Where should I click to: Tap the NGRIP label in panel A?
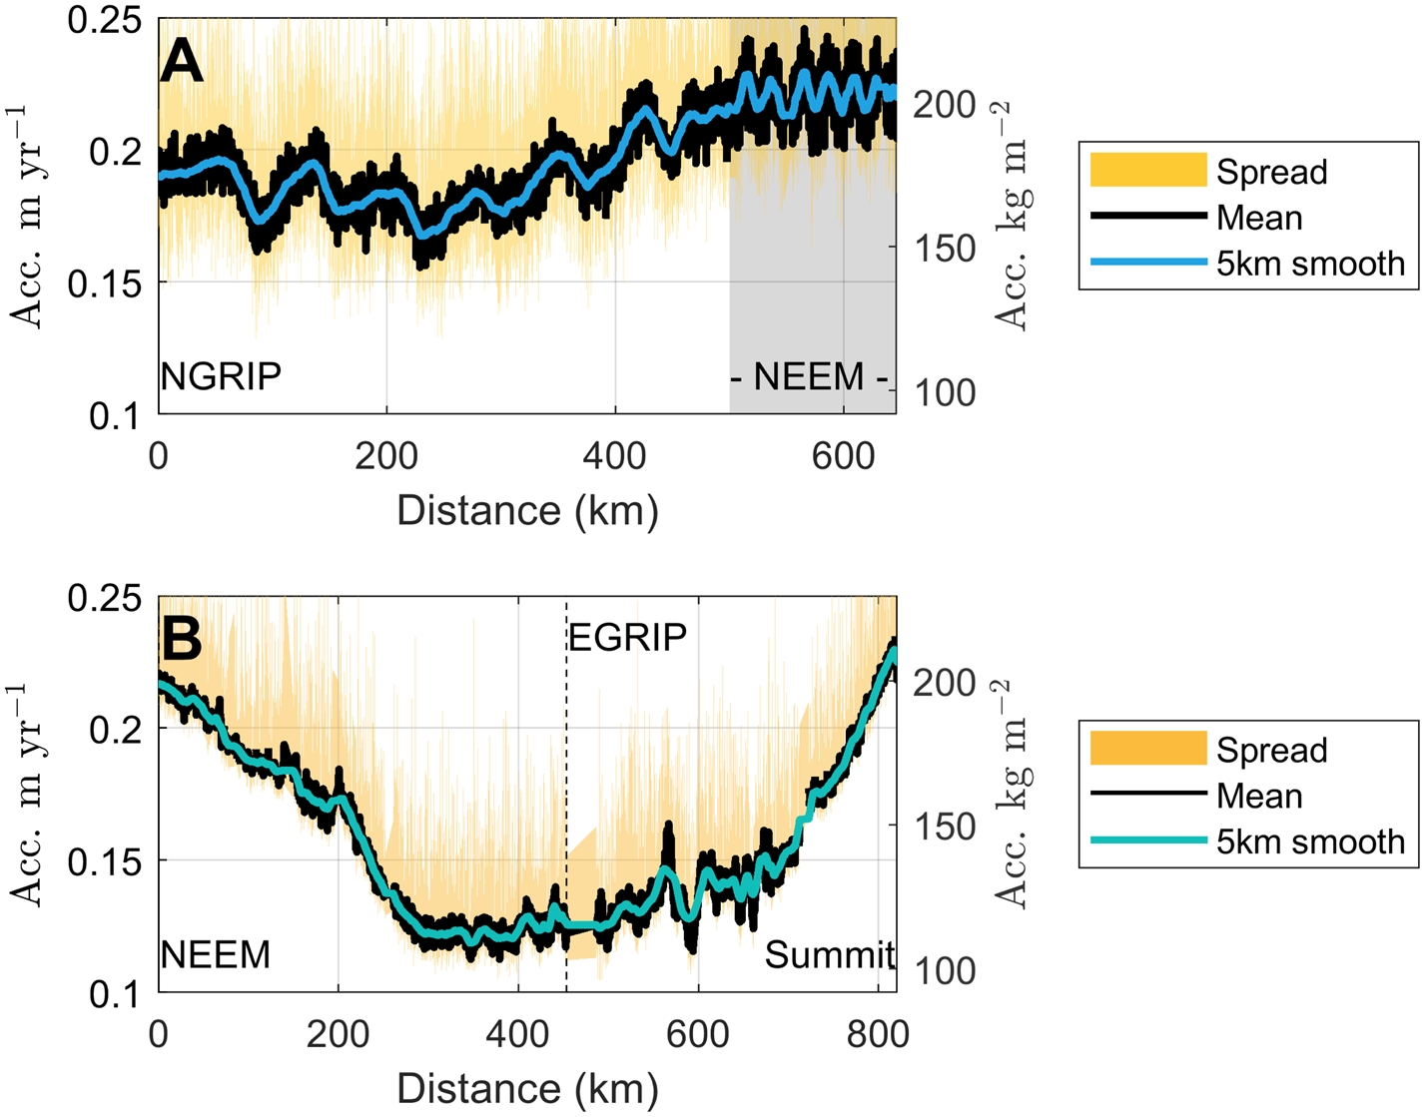(221, 377)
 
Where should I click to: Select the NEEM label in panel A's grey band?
(809, 377)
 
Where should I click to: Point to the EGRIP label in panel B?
(627, 637)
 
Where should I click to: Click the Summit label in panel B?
(828, 955)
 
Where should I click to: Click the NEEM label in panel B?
(216, 955)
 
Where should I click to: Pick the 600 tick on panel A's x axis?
(843, 456)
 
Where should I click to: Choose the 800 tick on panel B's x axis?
(878, 1034)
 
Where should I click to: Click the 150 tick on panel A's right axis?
(946, 249)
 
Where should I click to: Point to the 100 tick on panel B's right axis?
(946, 970)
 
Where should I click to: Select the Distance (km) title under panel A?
(527, 511)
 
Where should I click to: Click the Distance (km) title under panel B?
(527, 1089)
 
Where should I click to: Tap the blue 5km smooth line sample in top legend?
(1148, 263)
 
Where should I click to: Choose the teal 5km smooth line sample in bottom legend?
(1148, 840)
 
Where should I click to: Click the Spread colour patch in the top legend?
(1148, 171)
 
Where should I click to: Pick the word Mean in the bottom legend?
(1259, 796)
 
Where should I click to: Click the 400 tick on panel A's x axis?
(615, 456)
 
